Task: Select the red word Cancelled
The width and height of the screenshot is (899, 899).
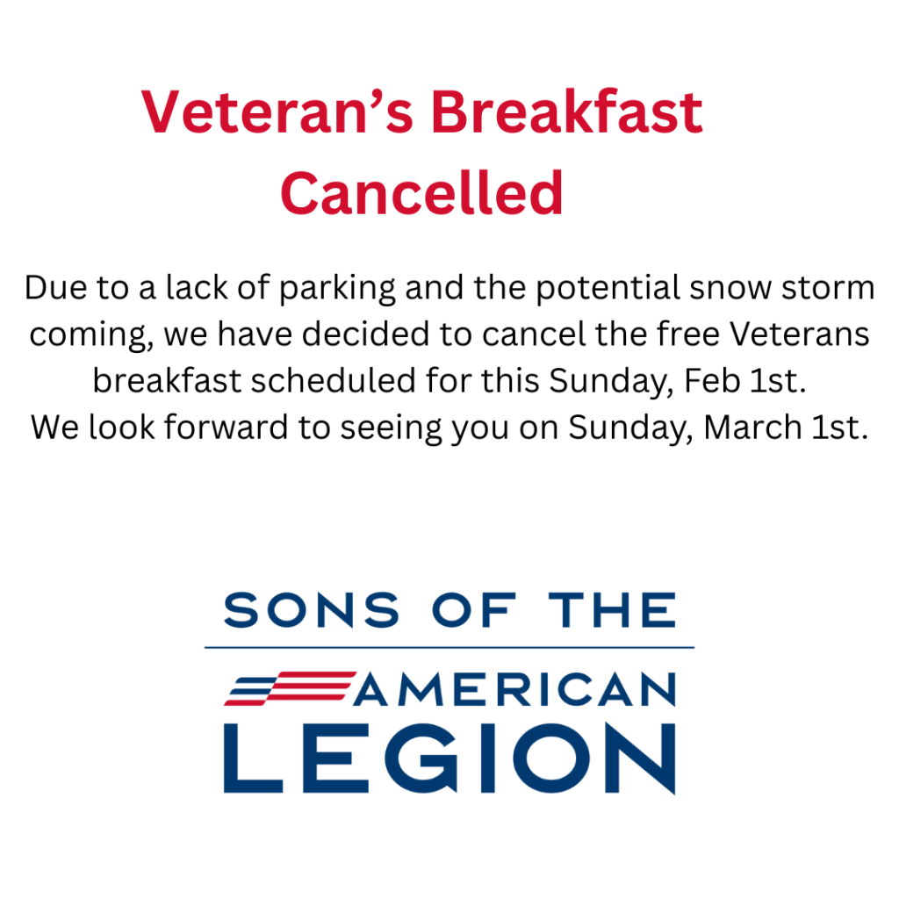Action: (x=421, y=193)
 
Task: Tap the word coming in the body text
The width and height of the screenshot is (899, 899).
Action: (x=90, y=334)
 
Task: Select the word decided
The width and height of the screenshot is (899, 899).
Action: (x=365, y=334)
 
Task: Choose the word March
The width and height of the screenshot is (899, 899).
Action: (x=752, y=428)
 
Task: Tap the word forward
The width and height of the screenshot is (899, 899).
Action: (x=226, y=428)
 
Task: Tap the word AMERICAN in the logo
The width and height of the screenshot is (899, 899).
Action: (x=514, y=689)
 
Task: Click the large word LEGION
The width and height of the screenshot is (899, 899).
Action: (x=450, y=758)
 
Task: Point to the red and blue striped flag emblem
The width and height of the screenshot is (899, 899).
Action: (x=290, y=688)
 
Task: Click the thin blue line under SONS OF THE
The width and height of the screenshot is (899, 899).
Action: (x=449, y=647)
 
